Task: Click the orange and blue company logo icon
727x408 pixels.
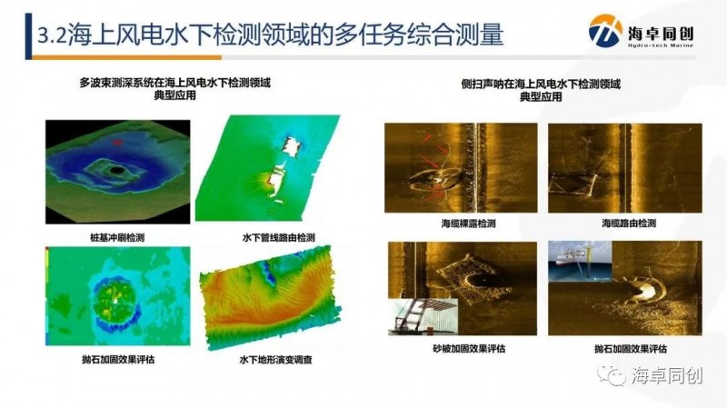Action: point(605,31)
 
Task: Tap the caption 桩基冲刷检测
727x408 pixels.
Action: point(117,238)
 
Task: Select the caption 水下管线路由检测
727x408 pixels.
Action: point(279,238)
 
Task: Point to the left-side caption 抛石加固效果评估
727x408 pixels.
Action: point(118,359)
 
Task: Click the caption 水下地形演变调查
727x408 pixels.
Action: point(276,360)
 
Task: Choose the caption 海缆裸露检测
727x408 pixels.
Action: point(468,224)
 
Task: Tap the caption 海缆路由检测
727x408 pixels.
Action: point(629,224)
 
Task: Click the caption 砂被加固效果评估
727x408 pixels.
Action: point(469,349)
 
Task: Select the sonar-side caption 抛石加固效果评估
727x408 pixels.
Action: point(631,349)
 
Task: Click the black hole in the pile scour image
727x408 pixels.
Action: point(117,170)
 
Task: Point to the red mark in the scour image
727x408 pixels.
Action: point(117,142)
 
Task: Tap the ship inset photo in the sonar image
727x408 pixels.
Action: point(580,261)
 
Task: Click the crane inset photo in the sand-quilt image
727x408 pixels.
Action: point(423,316)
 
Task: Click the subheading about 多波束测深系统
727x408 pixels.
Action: point(174,89)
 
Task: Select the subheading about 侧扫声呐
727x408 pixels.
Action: point(541,90)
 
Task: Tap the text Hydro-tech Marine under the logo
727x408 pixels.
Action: point(661,45)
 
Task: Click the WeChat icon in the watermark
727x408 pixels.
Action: point(611,374)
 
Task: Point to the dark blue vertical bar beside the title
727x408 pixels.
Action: point(28,36)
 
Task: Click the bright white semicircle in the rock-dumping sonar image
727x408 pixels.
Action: point(643,291)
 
